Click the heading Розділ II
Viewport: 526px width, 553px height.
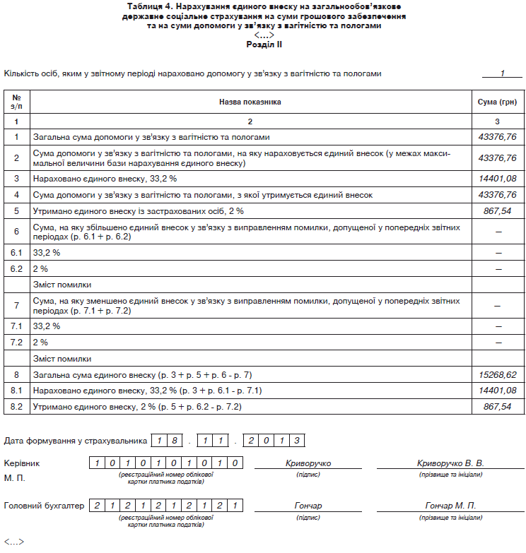pos(264,44)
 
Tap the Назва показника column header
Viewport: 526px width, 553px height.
pos(250,102)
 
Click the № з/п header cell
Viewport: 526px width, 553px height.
pos(16,102)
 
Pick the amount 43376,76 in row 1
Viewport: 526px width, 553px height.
pos(498,136)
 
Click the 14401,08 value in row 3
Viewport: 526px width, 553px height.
pos(498,179)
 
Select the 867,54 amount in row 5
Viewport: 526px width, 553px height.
pos(498,210)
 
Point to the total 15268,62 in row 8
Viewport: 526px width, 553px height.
pos(498,374)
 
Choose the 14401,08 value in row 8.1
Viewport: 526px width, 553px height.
pos(498,391)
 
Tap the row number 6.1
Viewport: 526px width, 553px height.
pos(16,252)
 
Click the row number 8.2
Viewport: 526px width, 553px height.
pos(16,406)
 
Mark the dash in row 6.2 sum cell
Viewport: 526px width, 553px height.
pos(498,268)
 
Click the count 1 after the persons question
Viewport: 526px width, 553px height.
pos(502,73)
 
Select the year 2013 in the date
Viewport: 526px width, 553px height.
pos(274,441)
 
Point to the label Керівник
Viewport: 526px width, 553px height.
pos(22,463)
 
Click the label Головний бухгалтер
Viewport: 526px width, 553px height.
pos(44,506)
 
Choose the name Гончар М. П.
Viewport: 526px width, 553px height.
pos(450,506)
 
